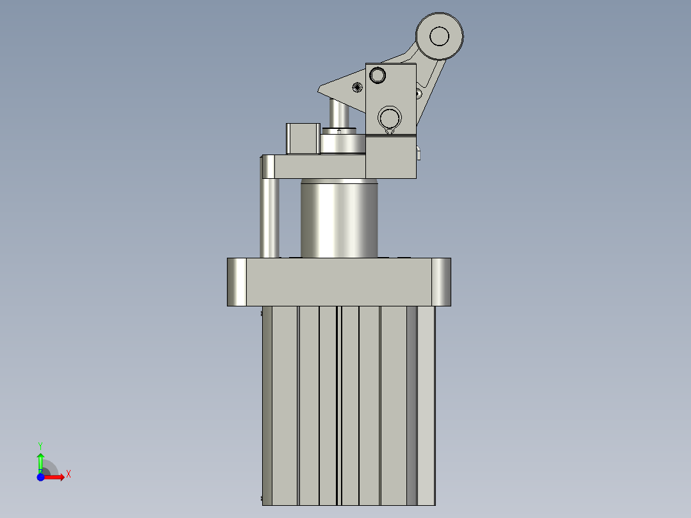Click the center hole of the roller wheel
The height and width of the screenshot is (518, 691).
click(439, 36)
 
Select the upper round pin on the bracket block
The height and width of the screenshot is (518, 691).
click(378, 76)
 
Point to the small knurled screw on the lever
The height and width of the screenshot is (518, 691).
click(357, 88)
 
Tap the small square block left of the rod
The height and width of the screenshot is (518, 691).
click(302, 138)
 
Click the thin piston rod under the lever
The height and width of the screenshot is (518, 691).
click(338, 113)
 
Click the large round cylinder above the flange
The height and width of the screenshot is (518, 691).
click(340, 218)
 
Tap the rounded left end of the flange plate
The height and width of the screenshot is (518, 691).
click(237, 282)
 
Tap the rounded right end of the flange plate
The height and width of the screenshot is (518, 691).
click(441, 282)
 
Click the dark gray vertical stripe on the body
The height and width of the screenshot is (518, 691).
click(412, 404)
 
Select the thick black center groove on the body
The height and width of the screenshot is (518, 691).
click(338, 404)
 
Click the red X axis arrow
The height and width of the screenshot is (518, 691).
click(56, 477)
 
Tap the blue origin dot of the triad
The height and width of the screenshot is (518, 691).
click(40, 477)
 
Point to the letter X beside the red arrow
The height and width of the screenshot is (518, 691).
click(68, 474)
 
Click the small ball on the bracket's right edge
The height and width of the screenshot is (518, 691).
click(419, 94)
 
